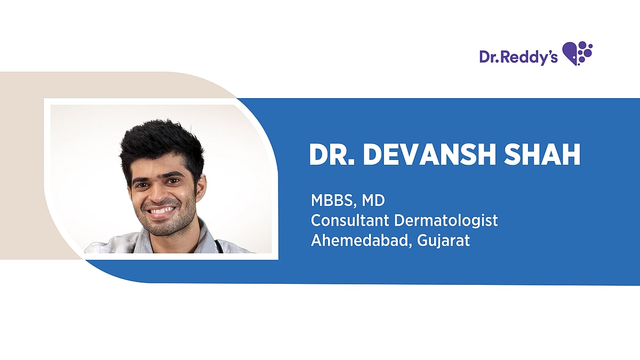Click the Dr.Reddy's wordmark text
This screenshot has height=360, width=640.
click(518, 57)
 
